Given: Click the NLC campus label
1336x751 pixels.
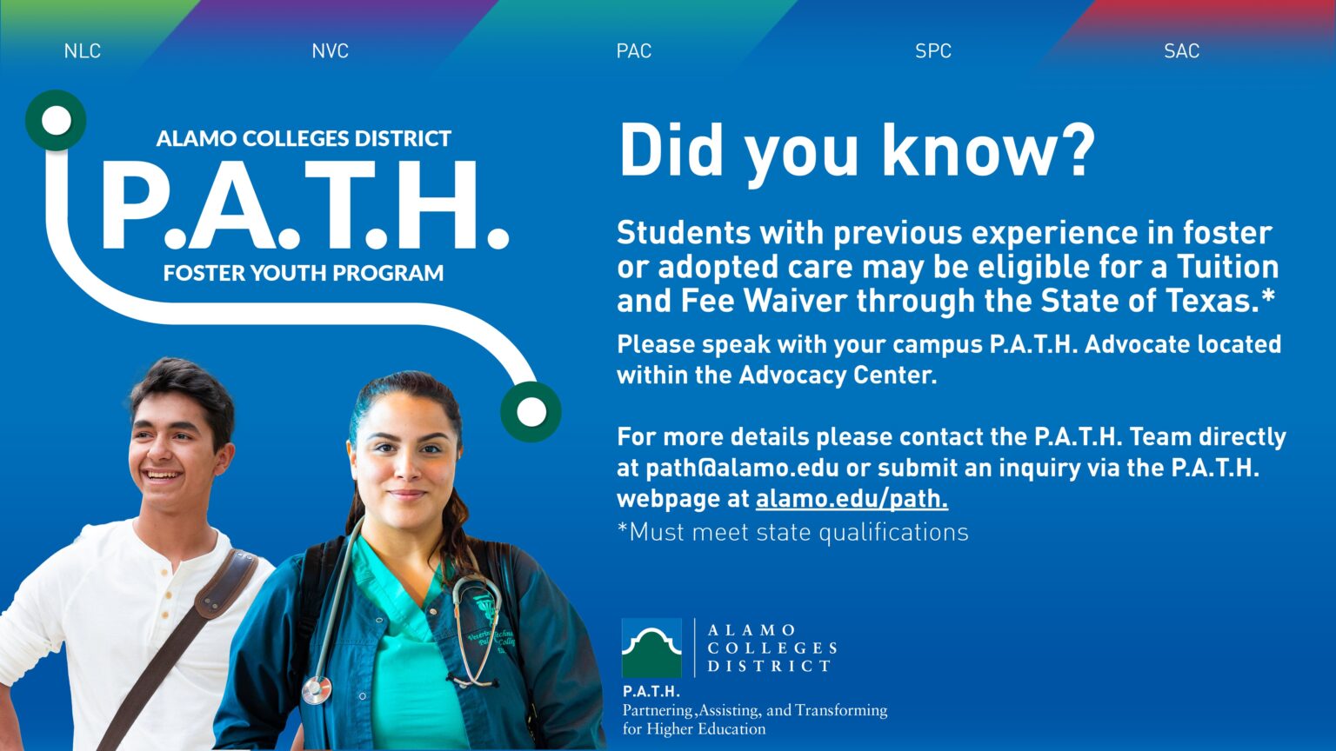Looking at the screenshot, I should point(83,51).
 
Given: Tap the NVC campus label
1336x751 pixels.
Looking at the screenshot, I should point(330,51).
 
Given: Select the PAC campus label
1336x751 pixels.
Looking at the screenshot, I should point(633,51).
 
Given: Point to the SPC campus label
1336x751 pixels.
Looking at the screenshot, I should point(932,51).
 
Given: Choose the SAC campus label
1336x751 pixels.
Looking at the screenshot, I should point(1181,51).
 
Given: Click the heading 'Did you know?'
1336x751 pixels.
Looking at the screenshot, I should point(857,151).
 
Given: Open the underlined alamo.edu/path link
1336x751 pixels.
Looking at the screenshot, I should point(852,499).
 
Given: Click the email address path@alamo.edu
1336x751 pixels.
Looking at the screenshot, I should point(742,468).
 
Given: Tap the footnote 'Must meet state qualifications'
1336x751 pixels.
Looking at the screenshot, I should point(798,532).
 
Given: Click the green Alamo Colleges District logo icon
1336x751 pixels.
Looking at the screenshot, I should point(651,648).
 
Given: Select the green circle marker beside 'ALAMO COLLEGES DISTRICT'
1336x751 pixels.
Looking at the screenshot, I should point(57,120).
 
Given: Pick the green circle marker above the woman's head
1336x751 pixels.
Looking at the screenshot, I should point(531,411).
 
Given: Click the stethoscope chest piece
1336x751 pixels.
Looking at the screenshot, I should point(317,690).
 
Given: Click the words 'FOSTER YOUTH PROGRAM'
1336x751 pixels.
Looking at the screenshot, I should point(303,273).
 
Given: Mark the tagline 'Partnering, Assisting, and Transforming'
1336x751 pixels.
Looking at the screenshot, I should point(754,710).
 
